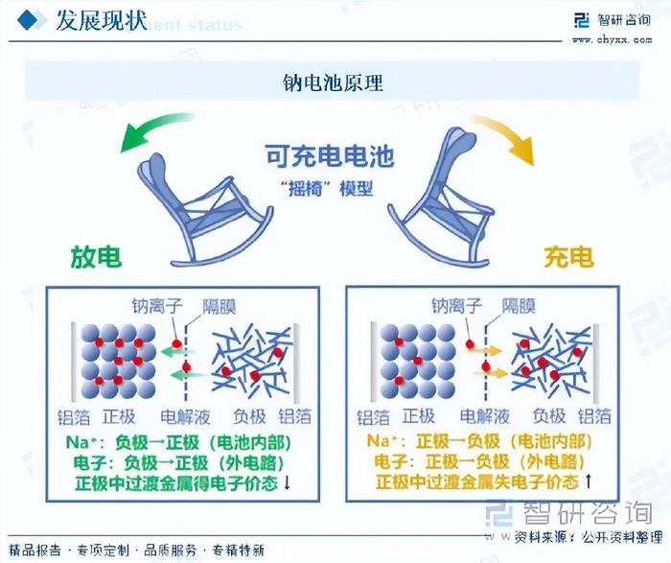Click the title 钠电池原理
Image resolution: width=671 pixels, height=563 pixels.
(335, 82)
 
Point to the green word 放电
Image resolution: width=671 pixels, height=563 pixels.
(96, 257)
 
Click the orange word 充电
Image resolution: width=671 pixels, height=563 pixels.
(568, 257)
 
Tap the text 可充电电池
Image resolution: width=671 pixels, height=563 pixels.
(331, 156)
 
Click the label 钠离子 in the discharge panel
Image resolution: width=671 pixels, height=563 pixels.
(155, 307)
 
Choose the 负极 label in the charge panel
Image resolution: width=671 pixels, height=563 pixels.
(549, 416)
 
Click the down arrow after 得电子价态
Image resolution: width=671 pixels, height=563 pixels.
(286, 482)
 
